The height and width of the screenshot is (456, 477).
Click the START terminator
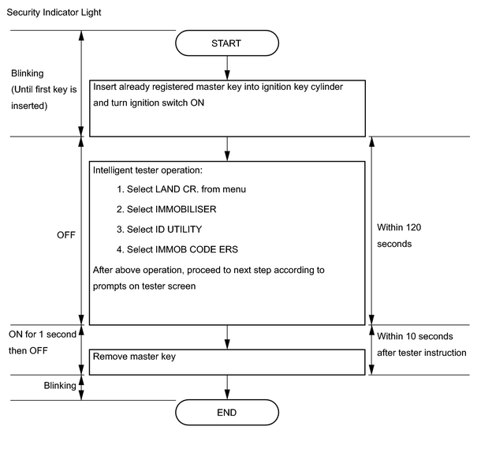click(227, 43)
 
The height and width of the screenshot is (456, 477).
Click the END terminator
click(227, 413)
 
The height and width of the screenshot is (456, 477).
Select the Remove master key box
click(227, 362)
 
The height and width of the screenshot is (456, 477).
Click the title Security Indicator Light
click(54, 13)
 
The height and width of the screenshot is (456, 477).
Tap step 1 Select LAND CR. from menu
click(181, 189)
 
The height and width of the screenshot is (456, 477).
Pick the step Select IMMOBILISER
click(166, 209)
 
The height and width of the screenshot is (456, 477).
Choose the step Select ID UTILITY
click(159, 230)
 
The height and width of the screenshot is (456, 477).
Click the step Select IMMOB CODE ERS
click(177, 249)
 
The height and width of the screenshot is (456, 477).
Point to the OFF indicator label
click(65, 235)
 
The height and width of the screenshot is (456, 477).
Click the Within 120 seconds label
click(399, 236)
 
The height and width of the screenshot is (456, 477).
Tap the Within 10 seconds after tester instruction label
click(422, 344)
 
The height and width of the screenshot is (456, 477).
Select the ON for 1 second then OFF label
click(43, 342)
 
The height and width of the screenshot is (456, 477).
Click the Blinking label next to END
click(60, 386)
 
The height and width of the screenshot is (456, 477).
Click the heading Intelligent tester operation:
click(147, 170)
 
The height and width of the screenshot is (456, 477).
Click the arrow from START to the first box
click(227, 68)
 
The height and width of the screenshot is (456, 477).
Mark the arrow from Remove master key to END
click(227, 387)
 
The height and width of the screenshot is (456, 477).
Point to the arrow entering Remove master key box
click(227, 338)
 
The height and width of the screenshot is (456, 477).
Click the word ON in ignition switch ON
click(197, 103)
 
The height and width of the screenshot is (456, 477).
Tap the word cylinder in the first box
click(326, 87)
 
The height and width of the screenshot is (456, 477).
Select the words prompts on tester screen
click(144, 286)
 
